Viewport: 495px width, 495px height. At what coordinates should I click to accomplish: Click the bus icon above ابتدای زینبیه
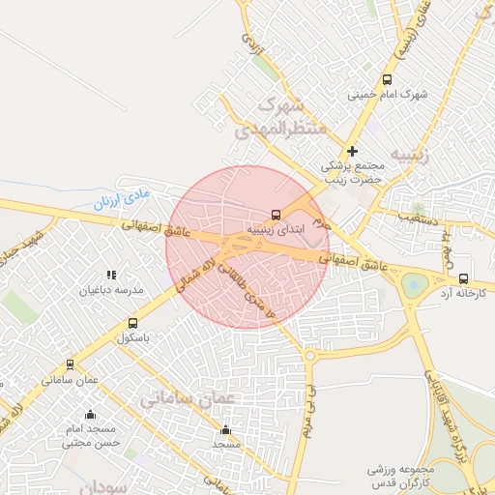pos(277,215)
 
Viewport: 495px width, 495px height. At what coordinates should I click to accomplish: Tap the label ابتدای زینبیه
pos(276,230)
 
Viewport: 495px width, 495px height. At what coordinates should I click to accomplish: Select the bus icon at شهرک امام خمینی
pos(388,80)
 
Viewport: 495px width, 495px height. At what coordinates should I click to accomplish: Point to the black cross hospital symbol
pos(353,151)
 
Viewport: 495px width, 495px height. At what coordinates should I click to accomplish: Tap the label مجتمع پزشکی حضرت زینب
pos(353,172)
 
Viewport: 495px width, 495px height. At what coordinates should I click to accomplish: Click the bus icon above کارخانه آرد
pos(463,277)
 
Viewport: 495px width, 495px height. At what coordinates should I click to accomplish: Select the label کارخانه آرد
pos(463,292)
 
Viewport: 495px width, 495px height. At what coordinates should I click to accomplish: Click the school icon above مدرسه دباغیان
pos(111,275)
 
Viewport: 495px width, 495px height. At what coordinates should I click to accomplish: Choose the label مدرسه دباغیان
pos(116,290)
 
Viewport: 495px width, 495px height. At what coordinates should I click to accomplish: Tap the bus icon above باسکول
pos(133,324)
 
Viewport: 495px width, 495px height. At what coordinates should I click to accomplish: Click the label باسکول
pos(134,338)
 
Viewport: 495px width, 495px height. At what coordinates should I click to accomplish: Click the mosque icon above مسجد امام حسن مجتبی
pos(90,415)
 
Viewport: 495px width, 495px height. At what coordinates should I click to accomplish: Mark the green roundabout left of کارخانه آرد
pos(415,284)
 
